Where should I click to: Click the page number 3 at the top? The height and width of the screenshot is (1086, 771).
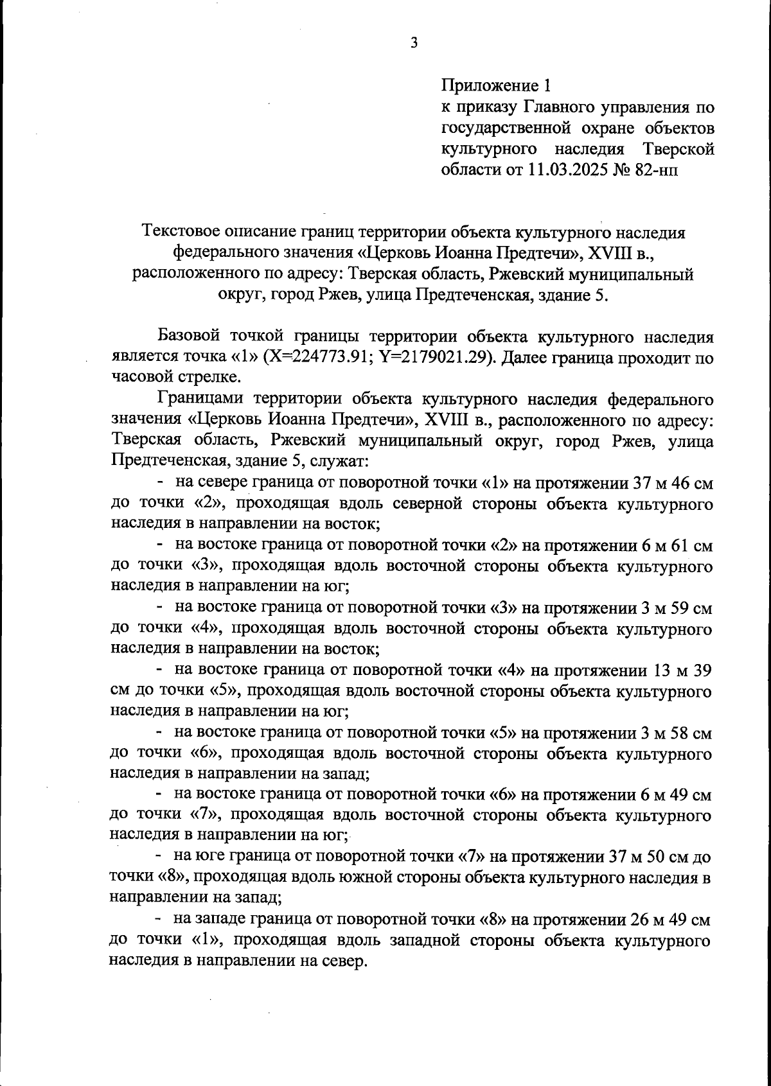414,44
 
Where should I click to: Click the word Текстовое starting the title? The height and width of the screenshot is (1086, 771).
184,232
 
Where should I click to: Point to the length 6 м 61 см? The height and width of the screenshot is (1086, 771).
674,546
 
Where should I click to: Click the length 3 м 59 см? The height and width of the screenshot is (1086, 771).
674,608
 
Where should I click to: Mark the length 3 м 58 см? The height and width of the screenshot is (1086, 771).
674,733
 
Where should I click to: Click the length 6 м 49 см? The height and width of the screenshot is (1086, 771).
674,795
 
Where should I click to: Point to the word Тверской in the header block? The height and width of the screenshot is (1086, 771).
679,149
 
